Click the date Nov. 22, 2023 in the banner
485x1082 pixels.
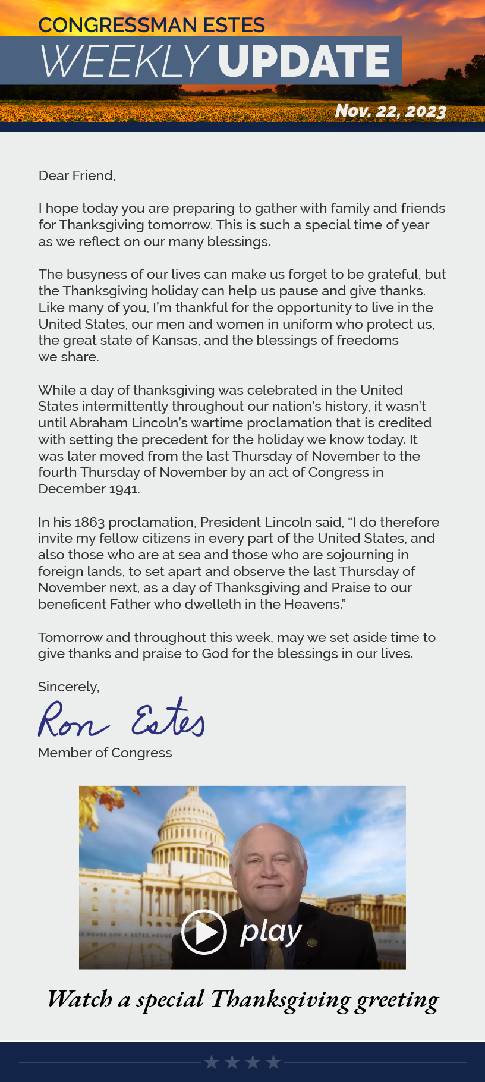(x=390, y=111)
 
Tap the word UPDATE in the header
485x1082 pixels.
(x=304, y=61)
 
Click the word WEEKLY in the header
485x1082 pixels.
(x=124, y=61)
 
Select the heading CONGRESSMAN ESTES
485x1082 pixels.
(x=151, y=25)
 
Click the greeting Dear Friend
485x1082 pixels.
(x=77, y=175)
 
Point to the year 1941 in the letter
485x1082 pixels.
(x=124, y=489)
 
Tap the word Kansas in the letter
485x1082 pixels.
(x=175, y=340)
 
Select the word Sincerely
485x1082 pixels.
(x=68, y=687)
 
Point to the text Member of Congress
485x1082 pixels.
(x=105, y=753)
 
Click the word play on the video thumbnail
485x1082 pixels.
(x=271, y=932)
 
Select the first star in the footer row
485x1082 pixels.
(x=211, y=1062)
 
